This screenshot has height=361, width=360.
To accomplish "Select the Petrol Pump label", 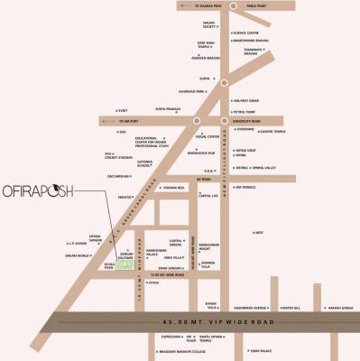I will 245,109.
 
